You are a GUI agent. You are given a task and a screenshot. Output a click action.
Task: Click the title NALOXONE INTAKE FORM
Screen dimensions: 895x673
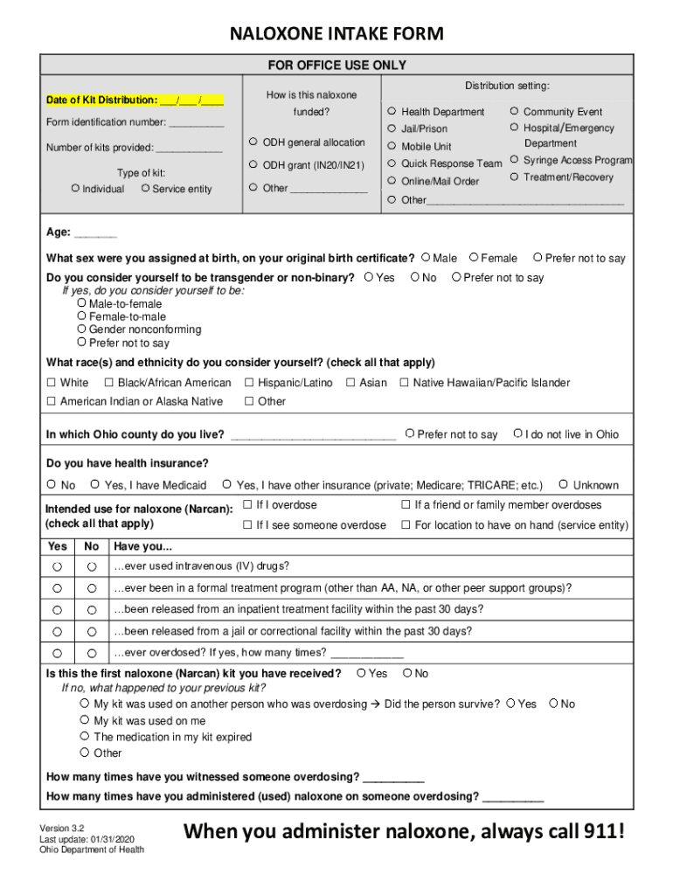[336, 34]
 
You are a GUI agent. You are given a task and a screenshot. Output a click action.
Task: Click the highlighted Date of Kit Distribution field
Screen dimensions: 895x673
[135, 100]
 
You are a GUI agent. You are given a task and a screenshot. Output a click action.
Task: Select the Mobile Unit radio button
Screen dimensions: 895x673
[392, 146]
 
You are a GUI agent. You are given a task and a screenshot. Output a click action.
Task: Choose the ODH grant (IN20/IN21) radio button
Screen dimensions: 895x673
[253, 164]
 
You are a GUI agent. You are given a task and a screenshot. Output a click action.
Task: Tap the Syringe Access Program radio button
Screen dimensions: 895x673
[515, 160]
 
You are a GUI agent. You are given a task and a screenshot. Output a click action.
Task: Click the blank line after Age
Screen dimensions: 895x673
[95, 233]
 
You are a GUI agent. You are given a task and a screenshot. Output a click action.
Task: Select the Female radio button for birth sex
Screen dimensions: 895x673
[474, 258]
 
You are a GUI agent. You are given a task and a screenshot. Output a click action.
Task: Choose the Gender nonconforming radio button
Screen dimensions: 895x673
[82, 330]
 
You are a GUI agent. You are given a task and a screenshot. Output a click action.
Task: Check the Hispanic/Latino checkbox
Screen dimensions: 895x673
[249, 383]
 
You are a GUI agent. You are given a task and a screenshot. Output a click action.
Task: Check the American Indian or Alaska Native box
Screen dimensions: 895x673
[52, 401]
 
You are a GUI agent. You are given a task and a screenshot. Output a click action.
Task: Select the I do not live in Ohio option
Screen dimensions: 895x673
[517, 434]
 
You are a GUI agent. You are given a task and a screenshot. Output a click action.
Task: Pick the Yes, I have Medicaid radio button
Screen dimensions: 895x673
[94, 484]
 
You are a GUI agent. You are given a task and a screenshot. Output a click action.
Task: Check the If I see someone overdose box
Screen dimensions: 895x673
[247, 525]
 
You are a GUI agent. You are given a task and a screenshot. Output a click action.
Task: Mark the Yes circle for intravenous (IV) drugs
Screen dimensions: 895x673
[58, 566]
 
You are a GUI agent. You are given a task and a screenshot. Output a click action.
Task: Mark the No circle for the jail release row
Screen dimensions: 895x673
[91, 631]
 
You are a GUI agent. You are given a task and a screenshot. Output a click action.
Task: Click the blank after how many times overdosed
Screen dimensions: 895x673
[367, 653]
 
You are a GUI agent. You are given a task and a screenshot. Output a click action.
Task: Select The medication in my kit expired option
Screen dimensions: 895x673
[85, 737]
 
